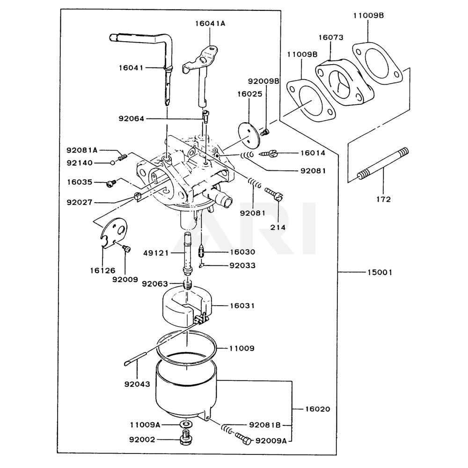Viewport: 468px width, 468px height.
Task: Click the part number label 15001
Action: pos(380,272)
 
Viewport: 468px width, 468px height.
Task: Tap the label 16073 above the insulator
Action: pos(331,37)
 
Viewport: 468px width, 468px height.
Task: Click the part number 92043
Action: pos(137,384)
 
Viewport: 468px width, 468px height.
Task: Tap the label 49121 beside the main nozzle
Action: pos(156,253)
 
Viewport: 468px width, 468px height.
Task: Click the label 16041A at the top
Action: pos(210,22)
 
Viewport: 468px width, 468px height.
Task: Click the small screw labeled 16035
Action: pos(111,183)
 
